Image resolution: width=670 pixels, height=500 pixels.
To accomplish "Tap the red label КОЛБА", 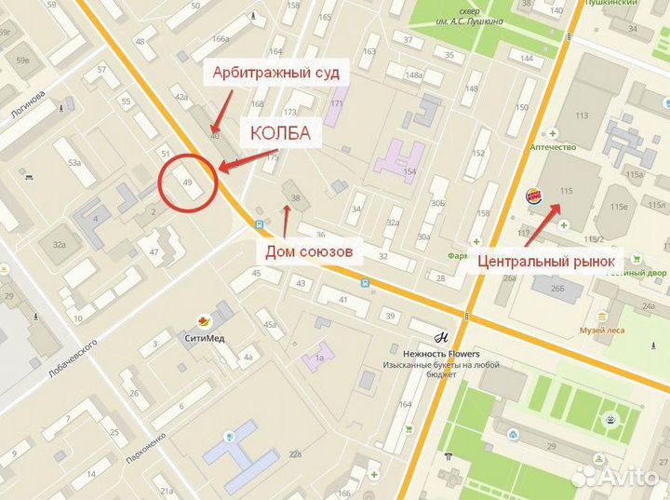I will coord(279,134).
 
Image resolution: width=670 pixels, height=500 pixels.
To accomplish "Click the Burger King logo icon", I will coord(534,196).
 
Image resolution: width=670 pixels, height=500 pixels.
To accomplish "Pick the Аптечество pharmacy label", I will coord(552,146).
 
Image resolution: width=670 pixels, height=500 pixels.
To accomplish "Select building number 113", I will coord(583,115).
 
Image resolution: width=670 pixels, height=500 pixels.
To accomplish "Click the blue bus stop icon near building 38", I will coord(259,223).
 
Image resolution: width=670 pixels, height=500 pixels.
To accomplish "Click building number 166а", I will coord(220,38).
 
